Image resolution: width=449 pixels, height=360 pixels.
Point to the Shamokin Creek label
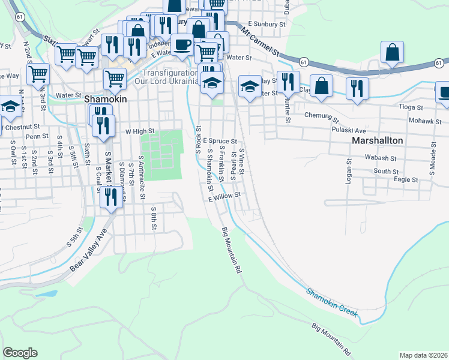332,302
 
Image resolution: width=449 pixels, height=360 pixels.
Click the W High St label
140,131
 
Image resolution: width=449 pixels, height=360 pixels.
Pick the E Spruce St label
220,141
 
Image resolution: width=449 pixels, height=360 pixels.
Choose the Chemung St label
322,115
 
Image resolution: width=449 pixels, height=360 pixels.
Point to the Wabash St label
378,157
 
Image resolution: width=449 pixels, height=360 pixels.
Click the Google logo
20,353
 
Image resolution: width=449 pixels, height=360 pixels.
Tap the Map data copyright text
423,355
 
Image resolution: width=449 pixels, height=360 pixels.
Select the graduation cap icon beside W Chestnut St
10,106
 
